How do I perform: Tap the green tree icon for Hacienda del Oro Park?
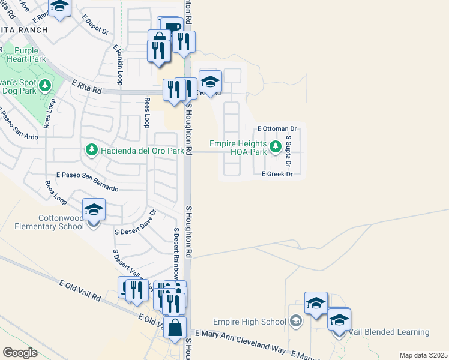coord(91,149)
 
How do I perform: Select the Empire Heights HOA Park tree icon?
coord(276,146)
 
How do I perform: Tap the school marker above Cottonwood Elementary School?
coord(94,209)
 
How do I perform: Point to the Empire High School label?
coord(252,321)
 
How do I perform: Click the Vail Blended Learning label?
coord(390,332)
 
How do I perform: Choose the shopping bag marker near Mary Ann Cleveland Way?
coord(175,329)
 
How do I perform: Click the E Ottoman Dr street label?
coord(277,129)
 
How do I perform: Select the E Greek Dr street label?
coord(276,174)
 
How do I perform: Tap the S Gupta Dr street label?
coord(289,151)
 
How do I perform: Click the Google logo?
coord(20,353)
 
